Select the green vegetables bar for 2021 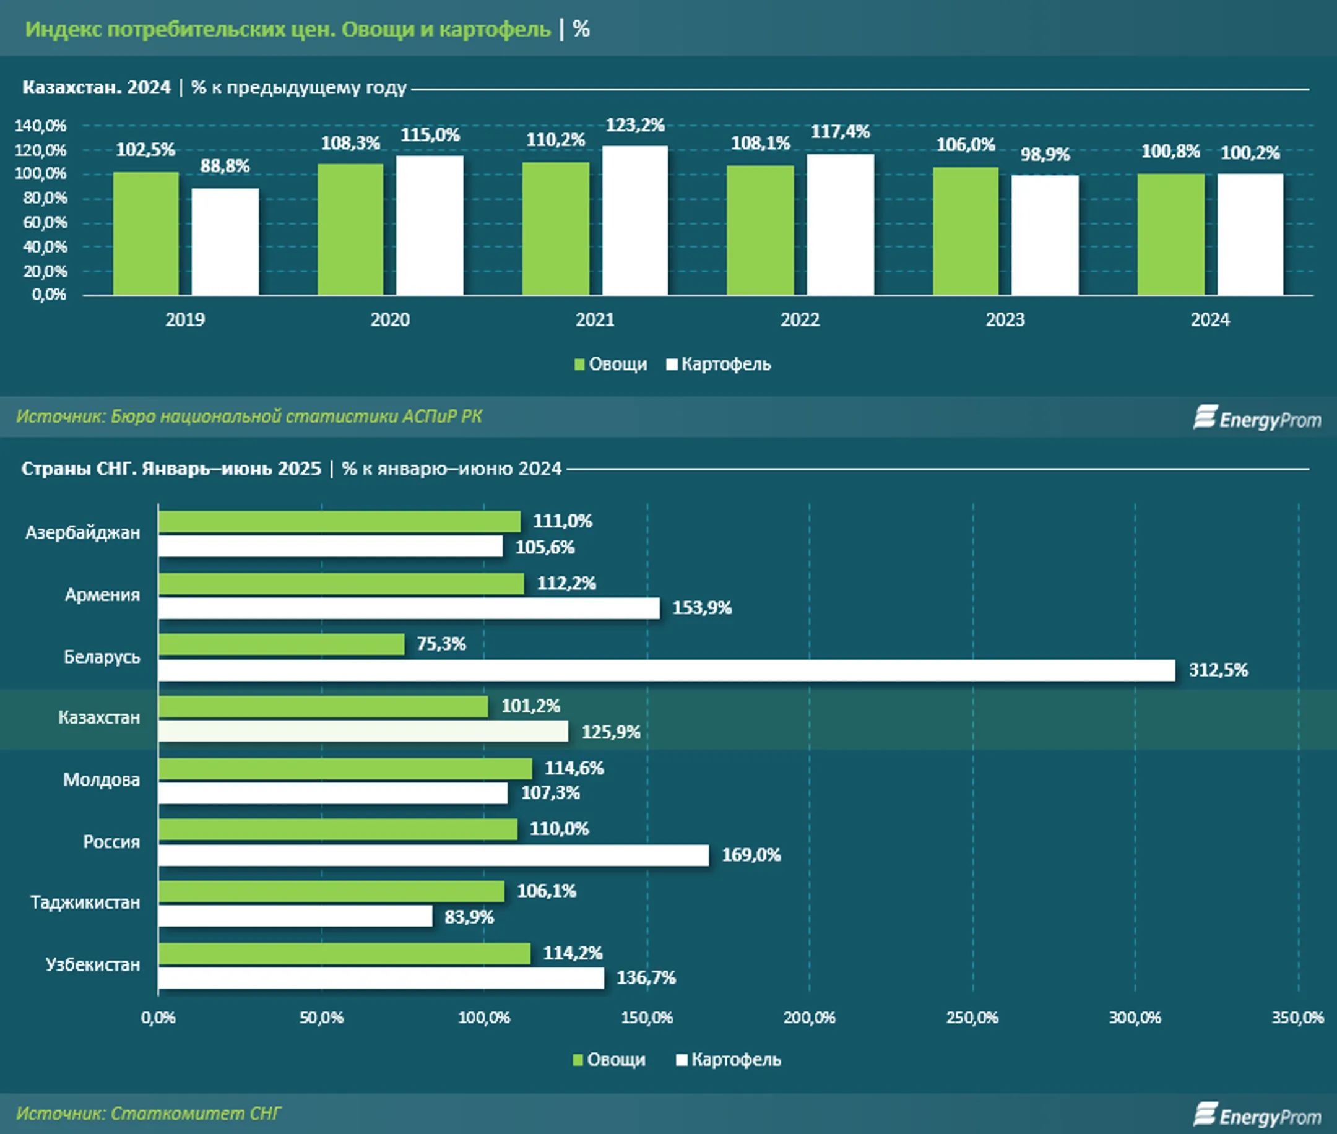coord(555,229)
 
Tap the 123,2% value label coord(635,124)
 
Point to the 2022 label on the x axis coord(800,319)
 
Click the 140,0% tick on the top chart coord(40,126)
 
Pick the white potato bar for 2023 coord(1045,235)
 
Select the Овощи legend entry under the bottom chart coord(608,1060)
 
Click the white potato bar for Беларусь coord(666,670)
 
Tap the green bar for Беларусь coord(282,644)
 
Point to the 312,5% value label coord(1218,670)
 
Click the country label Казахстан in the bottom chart coord(99,717)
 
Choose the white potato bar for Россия coord(433,855)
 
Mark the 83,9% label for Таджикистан coord(469,917)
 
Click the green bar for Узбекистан coord(345,953)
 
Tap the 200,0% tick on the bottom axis coord(809,1018)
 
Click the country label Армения coord(102,595)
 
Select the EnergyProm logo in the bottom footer coord(1257,1115)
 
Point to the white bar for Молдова coord(333,793)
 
